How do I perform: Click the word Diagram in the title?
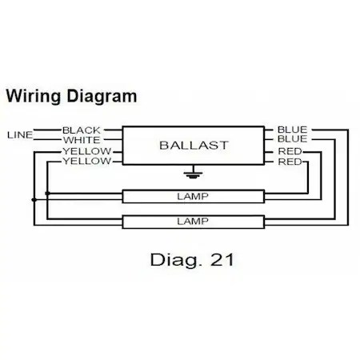point(98,97)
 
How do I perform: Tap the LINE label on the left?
point(20,134)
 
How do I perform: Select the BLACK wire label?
point(82,129)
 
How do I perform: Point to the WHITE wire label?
point(82,140)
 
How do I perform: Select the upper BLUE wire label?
point(292,129)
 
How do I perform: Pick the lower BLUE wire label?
point(292,140)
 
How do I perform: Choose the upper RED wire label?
point(290,151)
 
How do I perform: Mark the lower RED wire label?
point(290,162)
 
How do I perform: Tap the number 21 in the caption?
point(219,260)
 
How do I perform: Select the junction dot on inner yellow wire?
point(47,193)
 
